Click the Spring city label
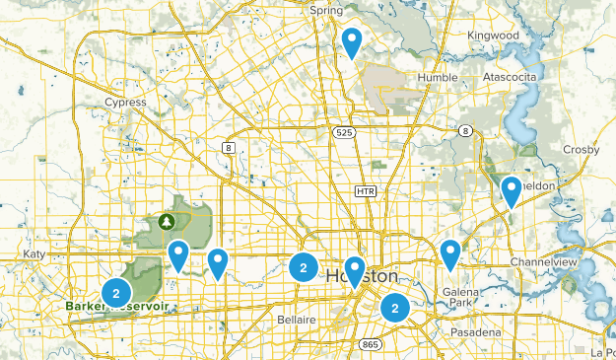pyautogui.click(x=326, y=10)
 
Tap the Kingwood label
pyautogui.click(x=493, y=36)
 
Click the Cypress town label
pyautogui.click(x=125, y=102)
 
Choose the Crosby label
pyautogui.click(x=581, y=149)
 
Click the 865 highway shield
pyautogui.click(x=371, y=344)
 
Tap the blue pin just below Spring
pyautogui.click(x=352, y=41)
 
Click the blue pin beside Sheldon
pyautogui.click(x=511, y=189)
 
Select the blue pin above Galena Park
pyautogui.click(x=450, y=252)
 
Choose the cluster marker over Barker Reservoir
pyautogui.click(x=116, y=292)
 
